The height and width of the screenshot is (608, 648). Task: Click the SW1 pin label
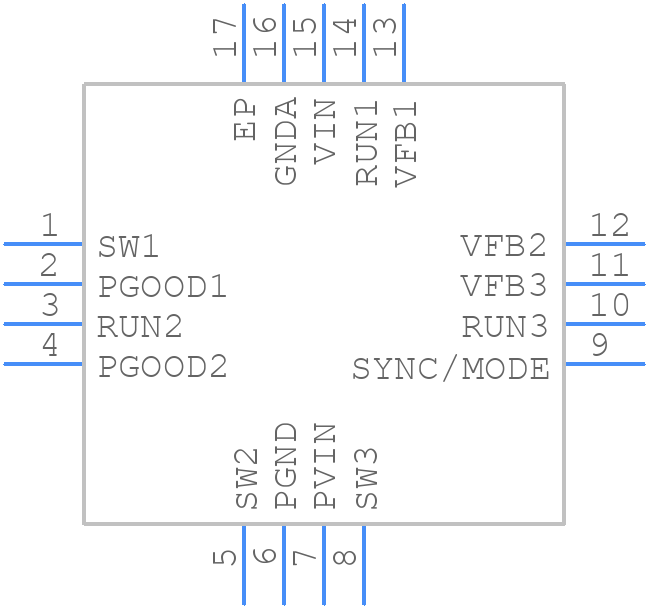point(128,246)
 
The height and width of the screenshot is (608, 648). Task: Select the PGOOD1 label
point(162,287)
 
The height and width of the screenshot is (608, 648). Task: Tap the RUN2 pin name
point(140,327)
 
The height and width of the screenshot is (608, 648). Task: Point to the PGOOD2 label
point(162,367)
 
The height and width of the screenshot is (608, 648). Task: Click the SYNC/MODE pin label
point(450,369)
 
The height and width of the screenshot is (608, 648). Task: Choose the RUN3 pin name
point(505,327)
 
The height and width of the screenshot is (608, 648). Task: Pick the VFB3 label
point(504,287)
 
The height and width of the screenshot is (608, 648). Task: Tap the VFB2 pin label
point(504,246)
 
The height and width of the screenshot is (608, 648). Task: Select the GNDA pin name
point(286,141)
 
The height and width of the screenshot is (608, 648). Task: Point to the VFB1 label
point(406,141)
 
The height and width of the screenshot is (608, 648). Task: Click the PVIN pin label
point(326,466)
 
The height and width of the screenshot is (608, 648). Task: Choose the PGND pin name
point(286,466)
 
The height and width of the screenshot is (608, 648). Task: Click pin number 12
point(609,226)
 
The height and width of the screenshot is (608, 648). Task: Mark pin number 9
point(599,346)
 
